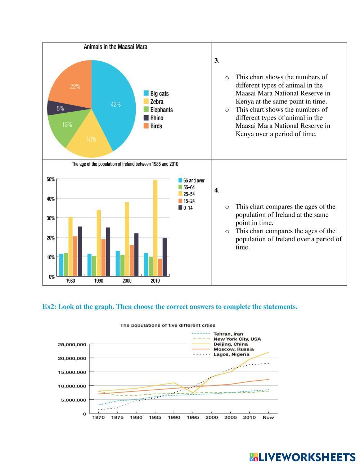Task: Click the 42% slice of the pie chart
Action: (x=115, y=104)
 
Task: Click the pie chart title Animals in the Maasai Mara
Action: (x=115, y=47)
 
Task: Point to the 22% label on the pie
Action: (x=75, y=86)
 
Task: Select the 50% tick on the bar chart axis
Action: (x=50, y=179)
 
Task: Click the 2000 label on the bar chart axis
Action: (x=127, y=281)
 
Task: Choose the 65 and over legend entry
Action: (x=191, y=180)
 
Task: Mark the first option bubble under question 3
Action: (x=227, y=77)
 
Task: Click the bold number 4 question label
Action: (x=216, y=190)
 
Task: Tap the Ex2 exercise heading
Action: (x=170, y=307)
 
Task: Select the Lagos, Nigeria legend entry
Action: (x=231, y=354)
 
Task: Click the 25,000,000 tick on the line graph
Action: (x=72, y=345)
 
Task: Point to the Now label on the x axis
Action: (x=268, y=417)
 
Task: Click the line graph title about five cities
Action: (x=168, y=325)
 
